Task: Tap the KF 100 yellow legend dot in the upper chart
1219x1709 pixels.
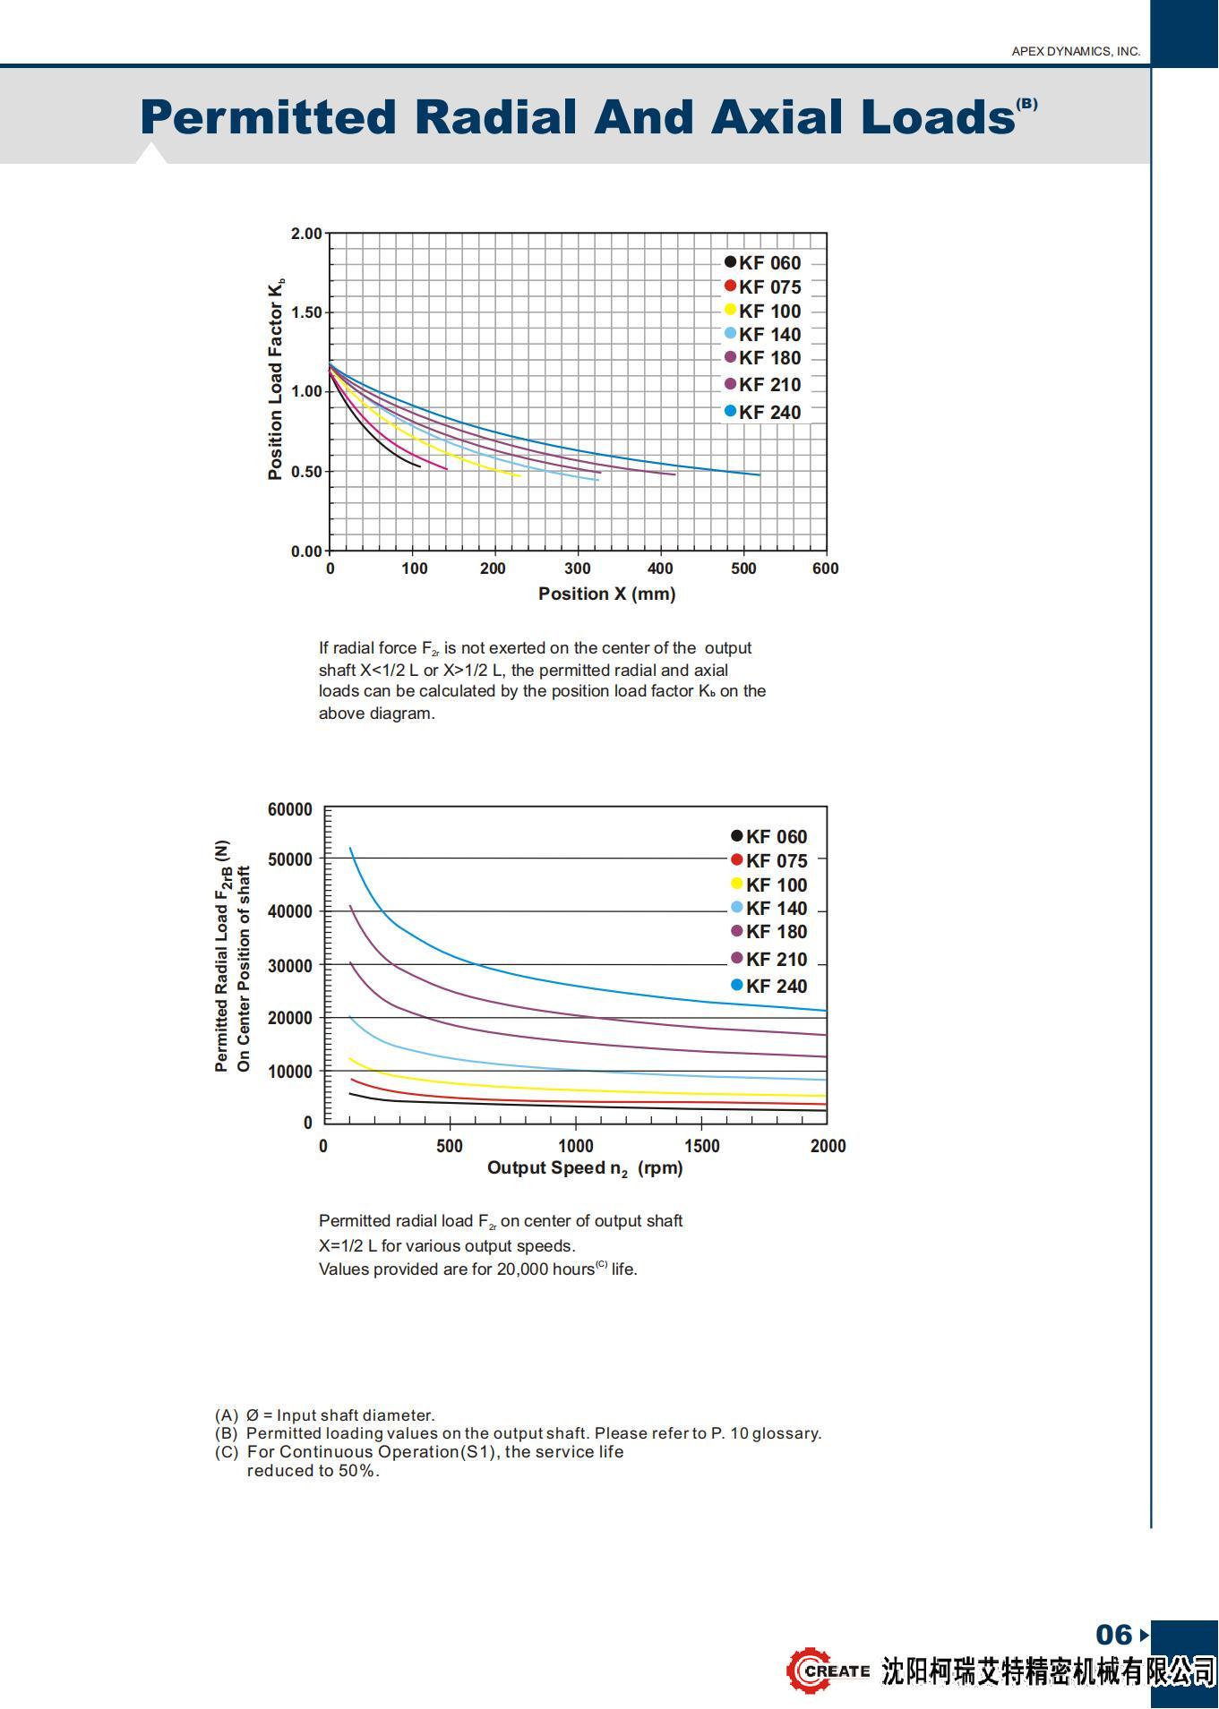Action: pos(730,310)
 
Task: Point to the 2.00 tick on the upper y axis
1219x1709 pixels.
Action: pos(306,234)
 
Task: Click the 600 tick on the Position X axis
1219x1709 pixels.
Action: pos(825,568)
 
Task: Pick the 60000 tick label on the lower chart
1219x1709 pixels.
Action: pos(290,809)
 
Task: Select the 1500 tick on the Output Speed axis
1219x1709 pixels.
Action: pos(701,1146)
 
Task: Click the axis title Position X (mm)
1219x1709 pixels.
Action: pos(606,594)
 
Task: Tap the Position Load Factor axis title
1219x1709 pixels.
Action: pos(276,379)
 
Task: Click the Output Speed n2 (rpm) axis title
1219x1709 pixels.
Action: pos(584,1168)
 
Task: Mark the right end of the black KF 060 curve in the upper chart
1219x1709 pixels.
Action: pos(419,466)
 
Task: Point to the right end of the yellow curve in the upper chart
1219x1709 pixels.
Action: pos(519,475)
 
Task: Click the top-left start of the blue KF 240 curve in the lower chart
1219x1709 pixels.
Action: pos(350,848)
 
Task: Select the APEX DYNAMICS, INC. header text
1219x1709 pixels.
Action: pos(1075,51)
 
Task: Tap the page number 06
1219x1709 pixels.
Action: pos(1113,1635)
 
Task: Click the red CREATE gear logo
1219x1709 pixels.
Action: pos(810,1671)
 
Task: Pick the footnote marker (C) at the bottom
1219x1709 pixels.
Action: pos(227,1452)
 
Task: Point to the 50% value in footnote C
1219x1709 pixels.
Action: pos(358,1471)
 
